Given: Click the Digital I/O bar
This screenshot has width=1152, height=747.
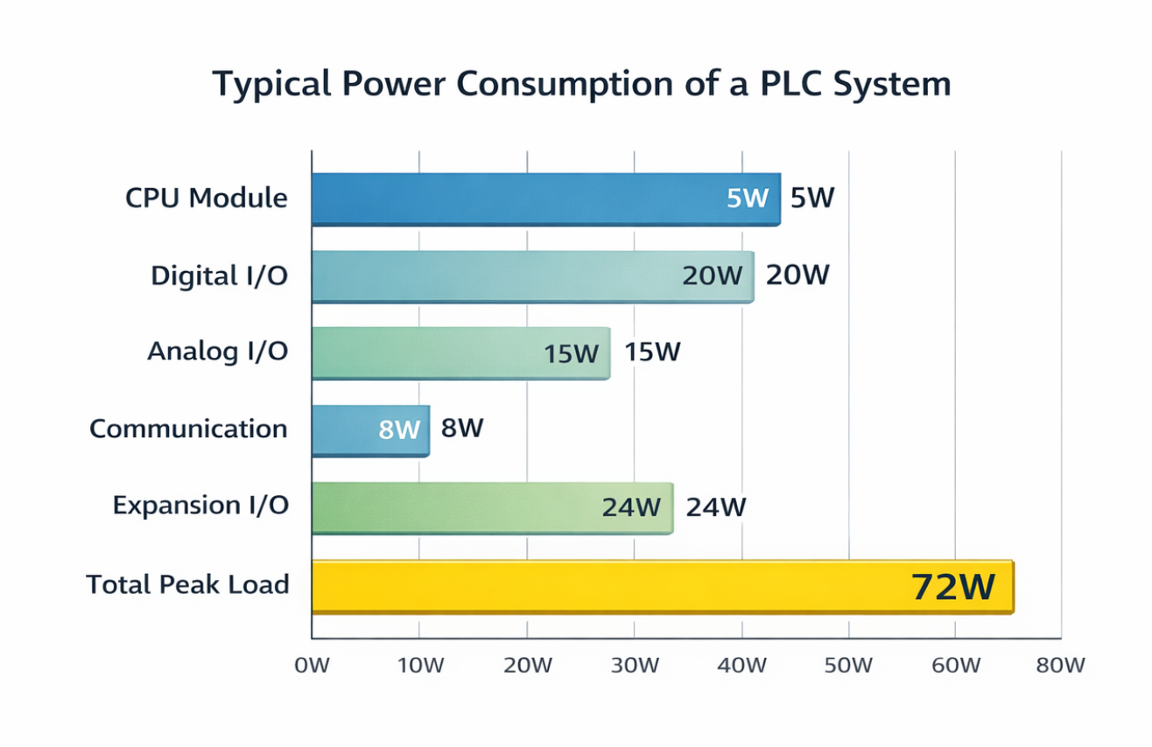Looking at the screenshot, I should point(490,276).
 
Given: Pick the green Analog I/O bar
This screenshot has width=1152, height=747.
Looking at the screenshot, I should point(420,353).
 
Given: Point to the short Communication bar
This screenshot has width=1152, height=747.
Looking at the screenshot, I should point(341,429).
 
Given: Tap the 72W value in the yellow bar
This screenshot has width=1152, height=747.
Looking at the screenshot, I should point(952,587).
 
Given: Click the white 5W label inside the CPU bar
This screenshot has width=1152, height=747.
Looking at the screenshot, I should point(747,199).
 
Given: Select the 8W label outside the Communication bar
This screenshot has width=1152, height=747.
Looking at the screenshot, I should point(462,429).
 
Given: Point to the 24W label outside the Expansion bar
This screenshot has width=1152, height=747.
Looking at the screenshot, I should point(715,507).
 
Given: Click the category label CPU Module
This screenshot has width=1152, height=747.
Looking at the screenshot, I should point(206,199).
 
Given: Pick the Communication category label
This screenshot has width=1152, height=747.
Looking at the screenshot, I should point(188,429).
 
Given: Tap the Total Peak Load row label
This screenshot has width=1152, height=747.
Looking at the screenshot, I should point(187,584).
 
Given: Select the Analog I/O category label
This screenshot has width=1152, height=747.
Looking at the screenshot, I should point(217,352).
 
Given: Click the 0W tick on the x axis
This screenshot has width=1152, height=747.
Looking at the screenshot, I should point(312,666).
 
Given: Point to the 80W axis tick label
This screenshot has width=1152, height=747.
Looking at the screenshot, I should point(1060,666).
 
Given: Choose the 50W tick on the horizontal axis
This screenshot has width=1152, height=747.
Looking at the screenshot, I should point(848,666).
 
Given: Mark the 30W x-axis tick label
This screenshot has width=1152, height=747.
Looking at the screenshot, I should point(634,666).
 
